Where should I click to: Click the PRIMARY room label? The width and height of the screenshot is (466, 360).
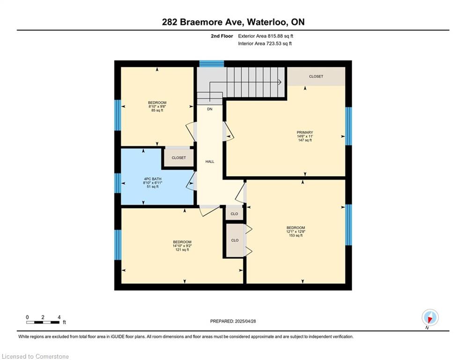[304, 132]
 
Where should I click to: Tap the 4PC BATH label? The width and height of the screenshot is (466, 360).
[153, 179]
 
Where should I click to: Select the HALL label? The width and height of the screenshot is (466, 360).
[210, 162]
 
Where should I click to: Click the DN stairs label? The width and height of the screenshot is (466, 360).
[210, 109]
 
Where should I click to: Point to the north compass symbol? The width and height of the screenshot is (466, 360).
[430, 318]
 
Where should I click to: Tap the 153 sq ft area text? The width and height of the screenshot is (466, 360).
[296, 235]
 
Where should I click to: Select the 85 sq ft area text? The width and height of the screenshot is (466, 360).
[157, 110]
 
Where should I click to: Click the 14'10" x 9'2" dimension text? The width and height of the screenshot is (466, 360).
[182, 246]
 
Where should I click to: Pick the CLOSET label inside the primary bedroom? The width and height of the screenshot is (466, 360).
[316, 76]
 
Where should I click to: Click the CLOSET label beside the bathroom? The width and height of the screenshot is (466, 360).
[178, 157]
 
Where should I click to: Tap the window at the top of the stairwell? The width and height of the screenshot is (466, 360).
[211, 64]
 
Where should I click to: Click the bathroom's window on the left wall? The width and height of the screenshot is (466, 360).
[118, 183]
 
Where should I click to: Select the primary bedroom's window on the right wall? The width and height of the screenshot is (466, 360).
[348, 126]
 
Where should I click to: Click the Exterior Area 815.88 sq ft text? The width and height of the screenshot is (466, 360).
[266, 36]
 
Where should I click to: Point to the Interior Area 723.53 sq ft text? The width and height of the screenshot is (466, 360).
[265, 44]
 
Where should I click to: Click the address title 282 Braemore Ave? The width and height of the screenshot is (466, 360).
[203, 22]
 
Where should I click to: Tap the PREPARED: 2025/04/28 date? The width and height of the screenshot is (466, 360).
[233, 321]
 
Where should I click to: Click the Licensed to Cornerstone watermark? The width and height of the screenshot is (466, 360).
[36, 356]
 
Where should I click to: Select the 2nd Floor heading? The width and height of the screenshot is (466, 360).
[222, 36]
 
